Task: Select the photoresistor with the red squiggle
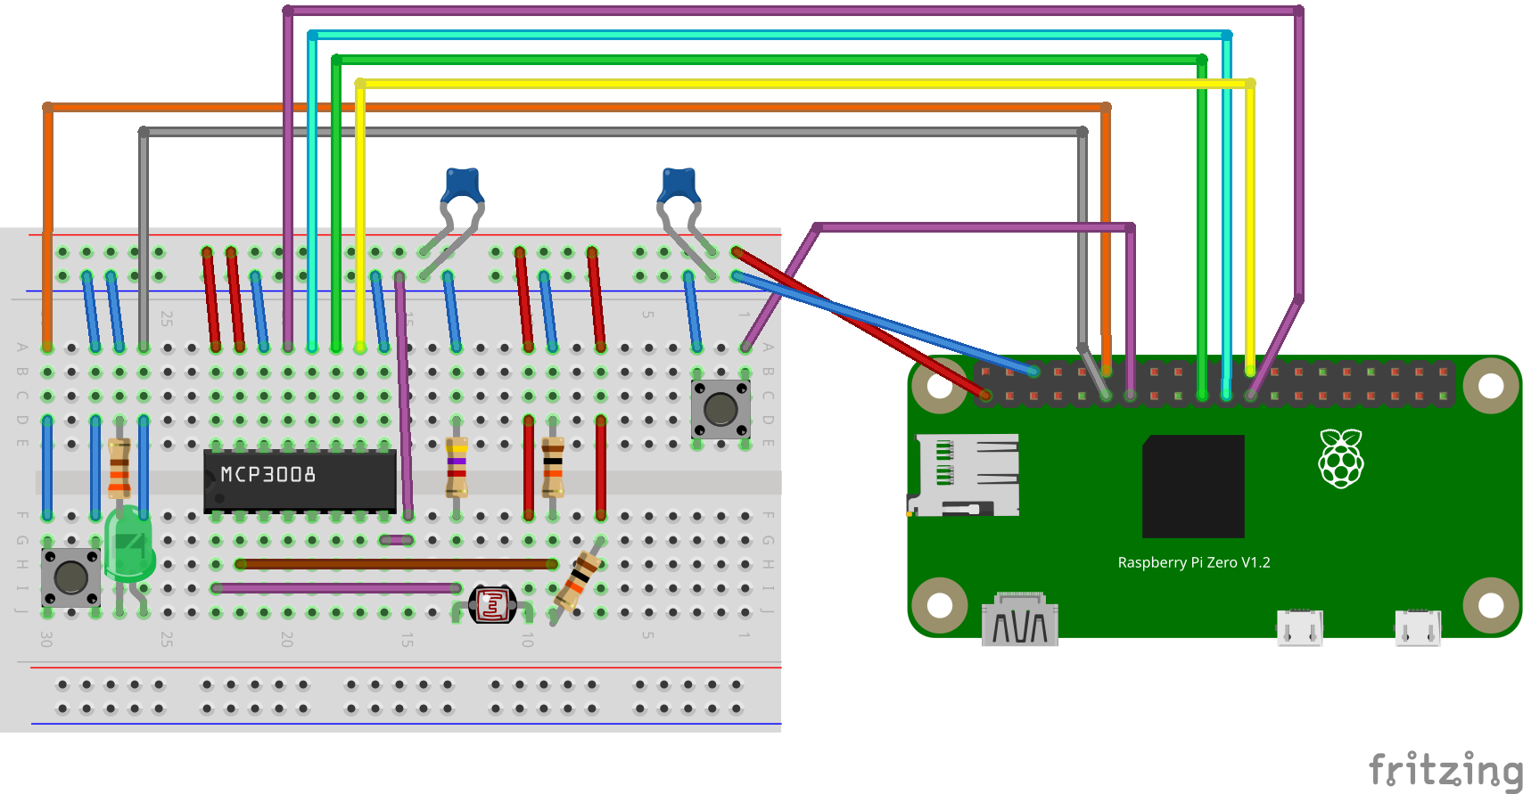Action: pos(492,605)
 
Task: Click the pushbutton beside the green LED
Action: pos(70,577)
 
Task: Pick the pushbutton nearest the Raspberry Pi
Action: pos(720,409)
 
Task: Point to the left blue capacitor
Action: pos(463,185)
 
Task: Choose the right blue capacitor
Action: pos(679,185)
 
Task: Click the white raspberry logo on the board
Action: pos(1341,459)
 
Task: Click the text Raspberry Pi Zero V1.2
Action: pos(1193,562)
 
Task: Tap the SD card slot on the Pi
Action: pos(965,475)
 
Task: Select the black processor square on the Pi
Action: pos(1193,486)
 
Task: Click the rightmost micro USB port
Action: pos(1417,627)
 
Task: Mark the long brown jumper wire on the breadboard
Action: pos(397,564)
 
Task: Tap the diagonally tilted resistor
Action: pos(578,580)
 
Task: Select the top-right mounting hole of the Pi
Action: pos(1490,386)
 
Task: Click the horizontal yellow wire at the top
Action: pos(803,84)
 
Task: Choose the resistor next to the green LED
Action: pos(119,467)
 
